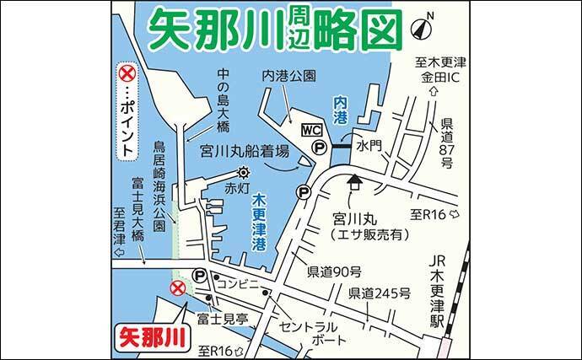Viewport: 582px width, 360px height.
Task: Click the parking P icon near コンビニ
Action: coord(200,276)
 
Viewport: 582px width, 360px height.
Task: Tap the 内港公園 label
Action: coord(288,75)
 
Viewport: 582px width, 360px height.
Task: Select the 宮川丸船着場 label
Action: coord(244,152)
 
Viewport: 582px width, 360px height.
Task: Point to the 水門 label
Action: coord(369,145)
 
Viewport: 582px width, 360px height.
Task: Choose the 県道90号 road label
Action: coord(334,271)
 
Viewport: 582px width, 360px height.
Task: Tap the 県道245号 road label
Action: coord(380,293)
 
